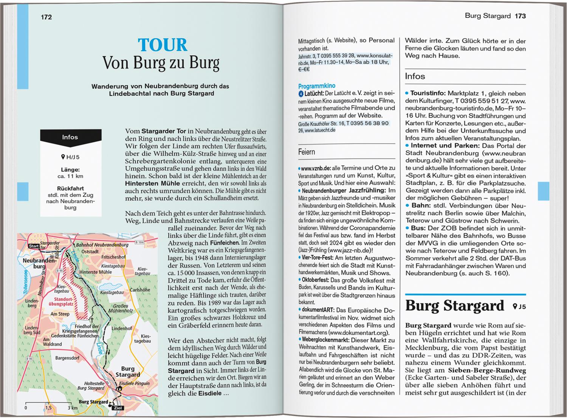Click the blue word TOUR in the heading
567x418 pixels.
163,45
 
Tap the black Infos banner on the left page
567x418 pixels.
70,137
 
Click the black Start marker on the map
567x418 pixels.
34,246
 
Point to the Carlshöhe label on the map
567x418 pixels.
140,290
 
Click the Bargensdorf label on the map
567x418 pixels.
67,357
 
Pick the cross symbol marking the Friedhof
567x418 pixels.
91,320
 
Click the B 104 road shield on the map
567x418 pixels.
139,242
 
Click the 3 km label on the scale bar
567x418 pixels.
73,408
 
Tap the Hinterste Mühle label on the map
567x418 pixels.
96,272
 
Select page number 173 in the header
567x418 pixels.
520,16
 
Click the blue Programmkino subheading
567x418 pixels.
316,86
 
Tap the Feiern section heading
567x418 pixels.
307,152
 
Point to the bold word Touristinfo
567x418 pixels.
428,93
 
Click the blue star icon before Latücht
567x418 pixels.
301,93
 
